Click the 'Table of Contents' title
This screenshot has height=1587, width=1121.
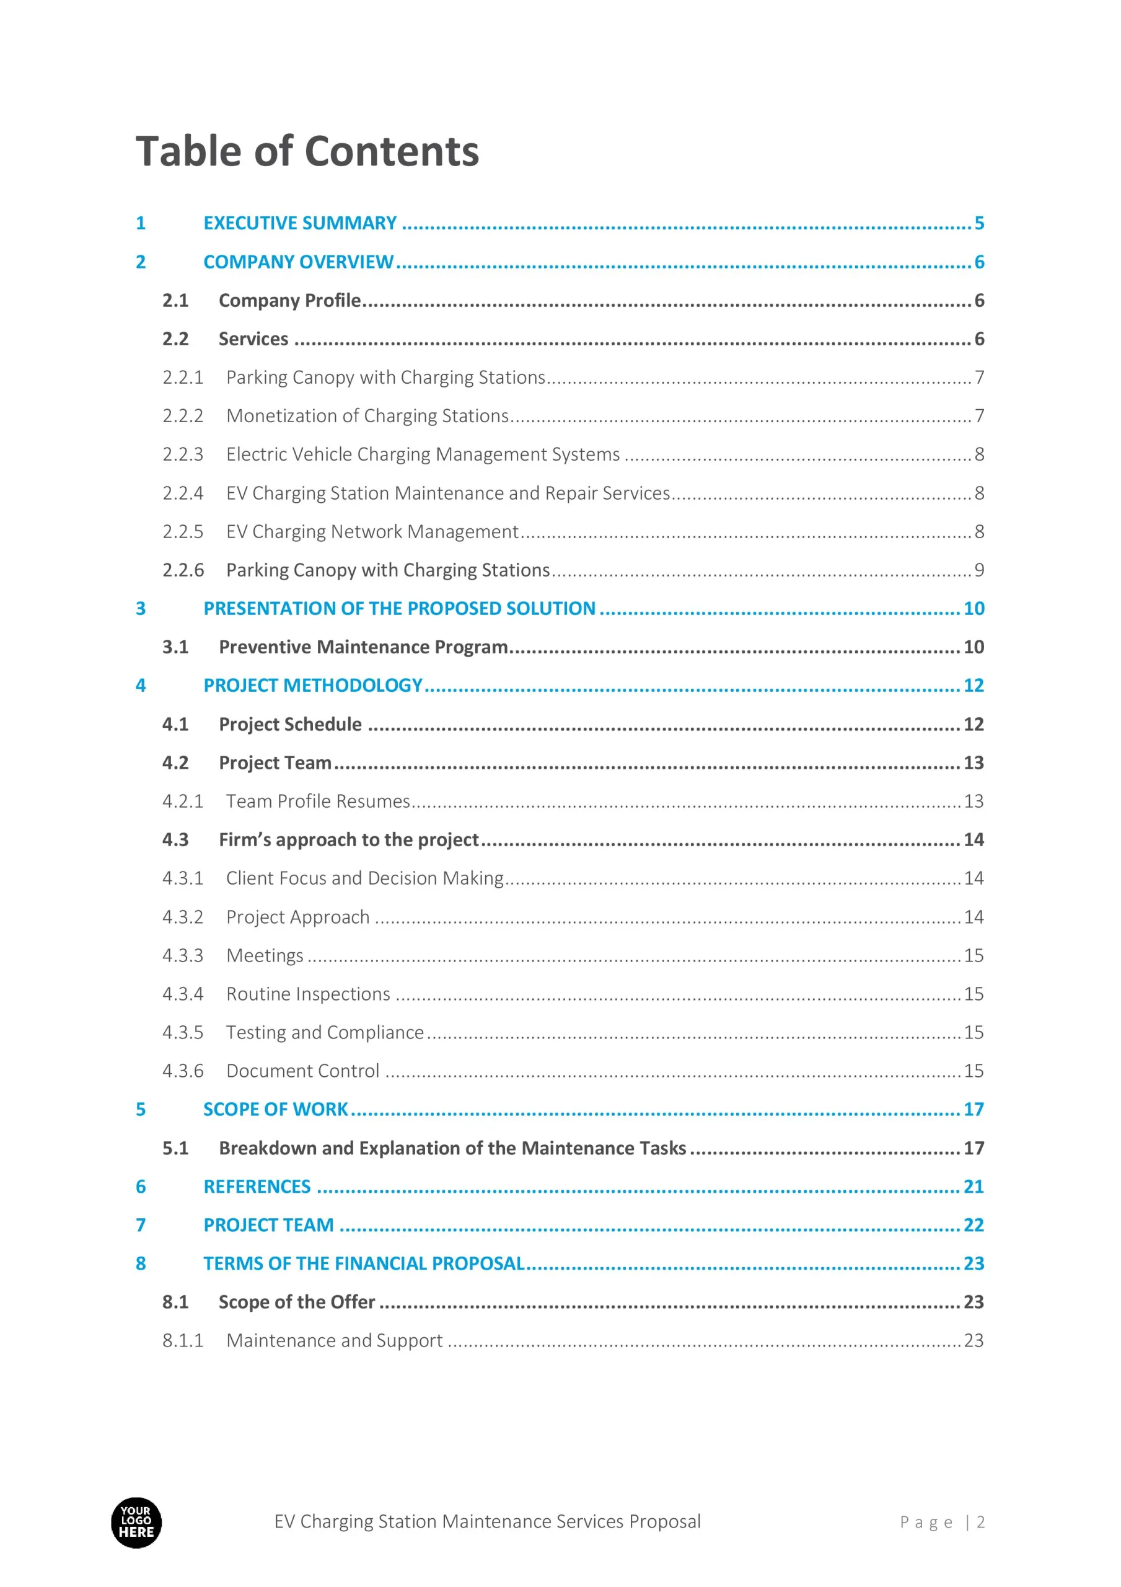tap(307, 151)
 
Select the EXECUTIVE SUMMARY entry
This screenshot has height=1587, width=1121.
tap(300, 223)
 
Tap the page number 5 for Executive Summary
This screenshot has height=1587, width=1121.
tap(978, 223)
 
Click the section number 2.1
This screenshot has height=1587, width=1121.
tap(175, 301)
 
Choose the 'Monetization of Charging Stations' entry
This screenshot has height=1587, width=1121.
tap(367, 416)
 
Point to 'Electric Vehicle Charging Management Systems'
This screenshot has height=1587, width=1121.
tap(423, 454)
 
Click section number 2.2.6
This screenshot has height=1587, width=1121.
tap(183, 570)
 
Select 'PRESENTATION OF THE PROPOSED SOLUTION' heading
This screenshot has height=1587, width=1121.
tap(400, 609)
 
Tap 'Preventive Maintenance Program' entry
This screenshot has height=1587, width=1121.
tap(364, 647)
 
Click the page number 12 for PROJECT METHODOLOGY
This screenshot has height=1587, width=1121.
tap(973, 686)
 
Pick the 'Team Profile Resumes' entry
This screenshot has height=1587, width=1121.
tap(318, 801)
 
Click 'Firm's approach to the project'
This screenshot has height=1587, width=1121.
tap(348, 840)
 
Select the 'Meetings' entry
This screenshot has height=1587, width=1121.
tap(265, 955)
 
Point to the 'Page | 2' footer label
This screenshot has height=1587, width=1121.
tap(942, 1522)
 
